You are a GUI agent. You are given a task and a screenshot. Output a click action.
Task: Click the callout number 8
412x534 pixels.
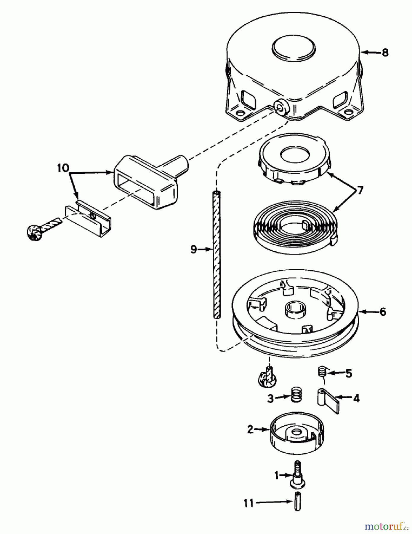385,53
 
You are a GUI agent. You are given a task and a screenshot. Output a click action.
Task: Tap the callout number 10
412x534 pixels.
63,168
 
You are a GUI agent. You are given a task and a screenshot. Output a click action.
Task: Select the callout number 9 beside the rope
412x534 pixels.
193,249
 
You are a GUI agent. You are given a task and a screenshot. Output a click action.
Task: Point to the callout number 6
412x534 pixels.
383,312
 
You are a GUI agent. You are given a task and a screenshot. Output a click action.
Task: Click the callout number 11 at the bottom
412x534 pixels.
249,503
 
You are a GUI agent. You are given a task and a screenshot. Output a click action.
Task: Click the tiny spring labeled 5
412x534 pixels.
322,371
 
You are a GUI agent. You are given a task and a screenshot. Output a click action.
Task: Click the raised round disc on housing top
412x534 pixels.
293,47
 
